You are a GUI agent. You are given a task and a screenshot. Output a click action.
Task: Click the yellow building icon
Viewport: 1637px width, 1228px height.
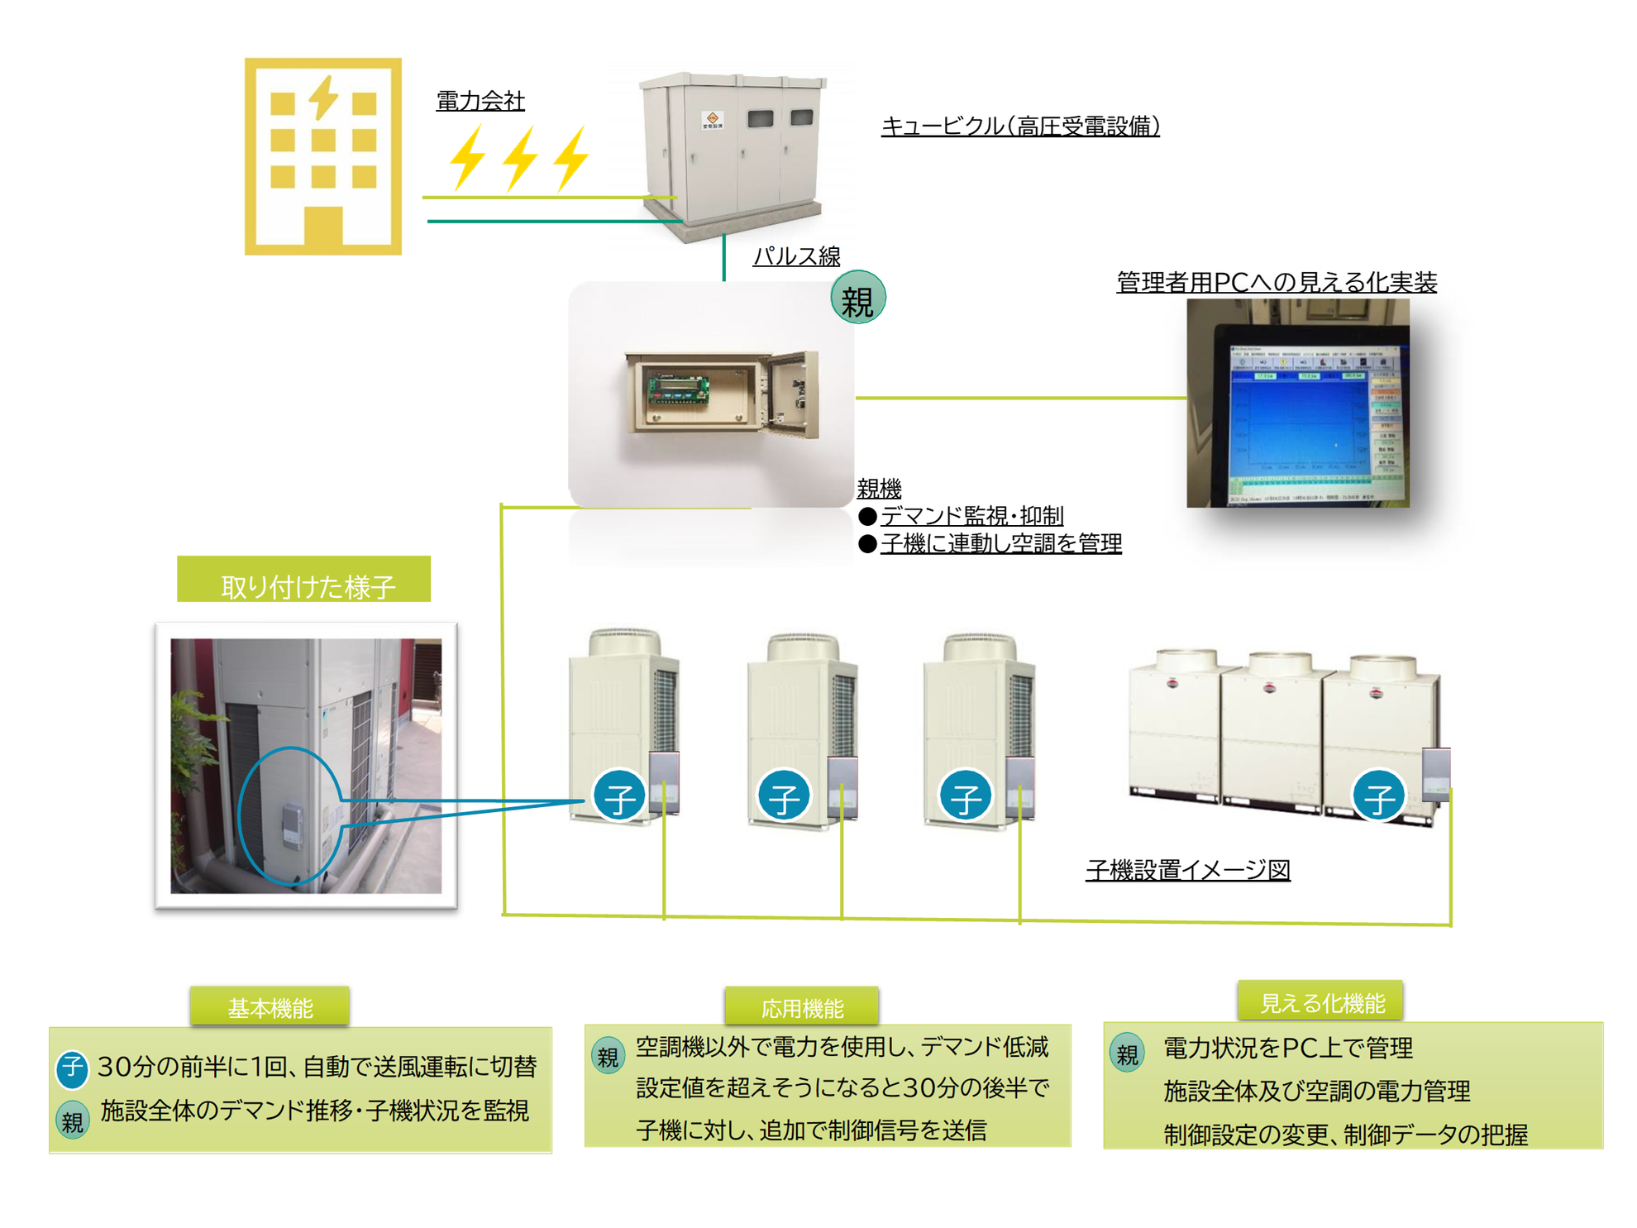322,156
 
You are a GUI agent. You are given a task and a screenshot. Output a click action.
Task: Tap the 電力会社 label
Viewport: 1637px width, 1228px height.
480,101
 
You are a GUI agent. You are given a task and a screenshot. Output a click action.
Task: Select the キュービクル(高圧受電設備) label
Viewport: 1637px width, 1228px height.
1020,127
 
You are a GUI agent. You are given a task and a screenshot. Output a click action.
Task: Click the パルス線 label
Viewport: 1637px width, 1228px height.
796,256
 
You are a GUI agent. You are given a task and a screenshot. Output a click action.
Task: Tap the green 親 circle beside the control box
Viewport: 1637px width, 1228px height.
857,298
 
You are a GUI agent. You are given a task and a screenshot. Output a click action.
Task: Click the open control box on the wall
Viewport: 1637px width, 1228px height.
721,394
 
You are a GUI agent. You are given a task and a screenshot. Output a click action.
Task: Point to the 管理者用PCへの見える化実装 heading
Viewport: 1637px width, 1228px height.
1276,282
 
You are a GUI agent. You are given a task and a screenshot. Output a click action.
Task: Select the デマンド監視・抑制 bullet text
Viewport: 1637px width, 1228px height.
971,516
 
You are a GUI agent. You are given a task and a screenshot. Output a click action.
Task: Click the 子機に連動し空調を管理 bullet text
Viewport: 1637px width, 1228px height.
1000,543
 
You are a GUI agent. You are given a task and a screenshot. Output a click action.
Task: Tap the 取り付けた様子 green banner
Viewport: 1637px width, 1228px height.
304,581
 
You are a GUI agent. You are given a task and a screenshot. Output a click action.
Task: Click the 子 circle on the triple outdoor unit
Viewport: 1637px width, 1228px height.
1377,796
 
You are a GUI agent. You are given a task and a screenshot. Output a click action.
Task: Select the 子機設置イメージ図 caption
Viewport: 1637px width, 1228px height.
1187,870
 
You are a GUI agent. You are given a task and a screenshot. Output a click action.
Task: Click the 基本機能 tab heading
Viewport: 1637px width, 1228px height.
270,1007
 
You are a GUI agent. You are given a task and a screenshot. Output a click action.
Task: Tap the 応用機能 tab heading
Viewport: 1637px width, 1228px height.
801,1007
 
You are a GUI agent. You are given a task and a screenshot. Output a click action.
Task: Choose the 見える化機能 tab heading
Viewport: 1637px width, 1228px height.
1321,1002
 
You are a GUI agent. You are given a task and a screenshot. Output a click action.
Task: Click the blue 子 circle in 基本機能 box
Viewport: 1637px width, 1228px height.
72,1068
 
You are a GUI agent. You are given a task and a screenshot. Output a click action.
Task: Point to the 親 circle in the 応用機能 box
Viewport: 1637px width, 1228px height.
608,1056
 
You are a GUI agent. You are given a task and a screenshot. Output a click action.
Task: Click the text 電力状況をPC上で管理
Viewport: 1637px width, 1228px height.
1287,1049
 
